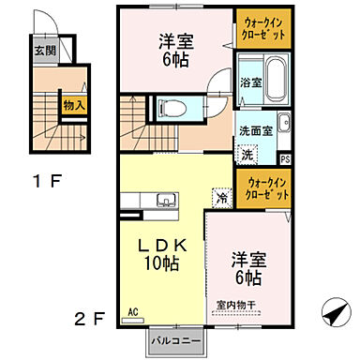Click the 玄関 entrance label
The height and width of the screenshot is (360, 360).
(x=44, y=51)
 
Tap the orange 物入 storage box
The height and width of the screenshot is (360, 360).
(x=74, y=106)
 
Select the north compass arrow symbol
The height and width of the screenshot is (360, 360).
(x=335, y=312)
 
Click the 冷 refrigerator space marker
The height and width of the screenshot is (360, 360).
(x=221, y=198)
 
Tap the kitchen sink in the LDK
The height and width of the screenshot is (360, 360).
(x=165, y=199)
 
